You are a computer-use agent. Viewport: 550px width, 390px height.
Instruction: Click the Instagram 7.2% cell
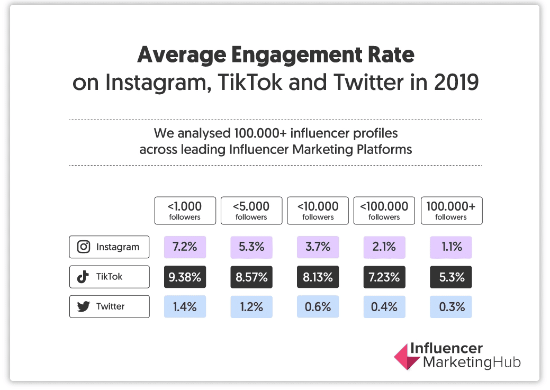(x=185, y=247)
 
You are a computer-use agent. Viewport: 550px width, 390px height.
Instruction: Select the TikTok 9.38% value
(x=185, y=277)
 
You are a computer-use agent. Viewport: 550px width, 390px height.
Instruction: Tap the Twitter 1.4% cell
(x=185, y=306)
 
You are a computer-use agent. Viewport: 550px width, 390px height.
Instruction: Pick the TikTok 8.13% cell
(x=318, y=277)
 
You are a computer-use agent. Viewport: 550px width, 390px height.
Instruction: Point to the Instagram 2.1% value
(x=384, y=247)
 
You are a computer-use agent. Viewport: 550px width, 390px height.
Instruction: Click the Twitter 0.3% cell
(x=451, y=306)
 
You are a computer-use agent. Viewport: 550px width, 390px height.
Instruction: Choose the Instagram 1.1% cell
(x=451, y=247)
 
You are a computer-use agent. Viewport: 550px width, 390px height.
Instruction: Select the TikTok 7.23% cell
(x=384, y=277)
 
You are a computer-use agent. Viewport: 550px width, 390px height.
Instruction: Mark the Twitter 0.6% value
(x=318, y=306)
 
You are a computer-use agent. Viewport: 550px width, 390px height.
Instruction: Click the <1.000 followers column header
(x=185, y=211)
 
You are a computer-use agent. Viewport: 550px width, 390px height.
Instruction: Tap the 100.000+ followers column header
(x=451, y=211)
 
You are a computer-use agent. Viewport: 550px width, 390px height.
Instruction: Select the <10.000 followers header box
(x=318, y=211)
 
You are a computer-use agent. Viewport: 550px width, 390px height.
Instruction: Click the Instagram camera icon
(x=83, y=247)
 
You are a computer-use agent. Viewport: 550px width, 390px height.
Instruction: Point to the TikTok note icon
(x=83, y=277)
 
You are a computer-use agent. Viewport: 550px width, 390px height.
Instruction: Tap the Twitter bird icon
(x=83, y=306)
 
